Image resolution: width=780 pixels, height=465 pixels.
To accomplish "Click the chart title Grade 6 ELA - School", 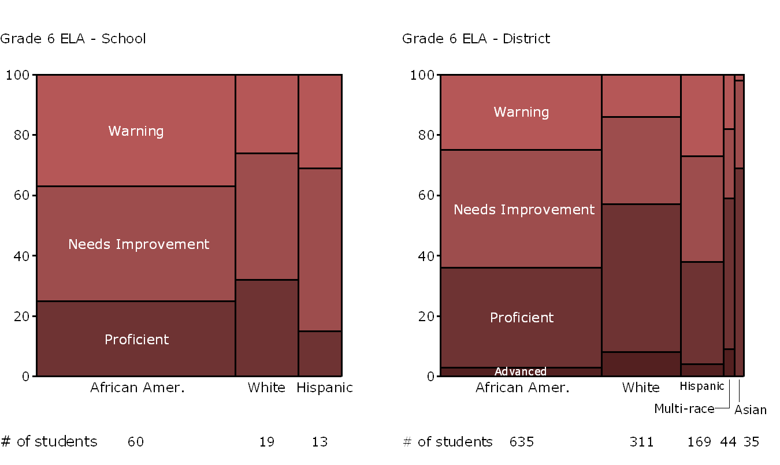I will tap(73, 39).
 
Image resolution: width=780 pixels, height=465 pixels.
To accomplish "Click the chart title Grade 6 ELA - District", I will tap(476, 39).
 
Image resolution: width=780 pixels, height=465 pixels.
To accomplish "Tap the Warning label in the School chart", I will tap(136, 131).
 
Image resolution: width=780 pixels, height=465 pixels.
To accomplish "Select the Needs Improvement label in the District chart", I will tap(523, 210).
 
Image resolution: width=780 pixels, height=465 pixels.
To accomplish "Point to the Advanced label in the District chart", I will tap(520, 371).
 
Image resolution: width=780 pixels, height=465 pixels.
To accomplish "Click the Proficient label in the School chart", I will tap(136, 339).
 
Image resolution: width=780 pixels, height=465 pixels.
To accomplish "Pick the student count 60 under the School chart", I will tap(136, 442).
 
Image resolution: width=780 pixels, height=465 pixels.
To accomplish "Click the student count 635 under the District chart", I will tap(521, 442).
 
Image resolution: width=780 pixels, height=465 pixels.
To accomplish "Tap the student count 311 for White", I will tap(641, 442).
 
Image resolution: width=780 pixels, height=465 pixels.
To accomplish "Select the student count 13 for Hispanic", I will tap(320, 442).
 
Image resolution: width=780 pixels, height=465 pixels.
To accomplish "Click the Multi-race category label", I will tap(684, 409).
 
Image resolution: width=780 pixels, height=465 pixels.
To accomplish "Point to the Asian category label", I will tap(751, 410).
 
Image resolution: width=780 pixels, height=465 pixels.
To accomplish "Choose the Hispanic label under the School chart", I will tap(325, 388).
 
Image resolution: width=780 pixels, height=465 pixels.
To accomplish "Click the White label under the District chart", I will tap(641, 388).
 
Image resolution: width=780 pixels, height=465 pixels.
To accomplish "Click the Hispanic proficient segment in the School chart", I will tap(320, 354).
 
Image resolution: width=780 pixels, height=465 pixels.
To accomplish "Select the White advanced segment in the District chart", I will tap(641, 364).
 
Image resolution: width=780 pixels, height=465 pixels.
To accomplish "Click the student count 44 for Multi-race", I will tap(729, 442).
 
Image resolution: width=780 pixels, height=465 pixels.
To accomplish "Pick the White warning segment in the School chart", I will tap(266, 114).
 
